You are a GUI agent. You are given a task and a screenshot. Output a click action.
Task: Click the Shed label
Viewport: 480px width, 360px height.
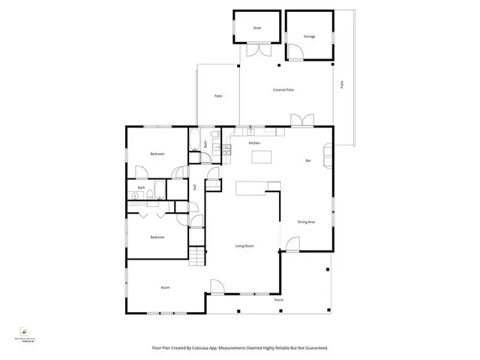[x=256, y=28]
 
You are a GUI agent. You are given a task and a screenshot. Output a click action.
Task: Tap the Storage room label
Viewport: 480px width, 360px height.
[x=309, y=36]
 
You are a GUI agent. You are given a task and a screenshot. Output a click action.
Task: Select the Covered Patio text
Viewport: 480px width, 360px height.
[x=283, y=90]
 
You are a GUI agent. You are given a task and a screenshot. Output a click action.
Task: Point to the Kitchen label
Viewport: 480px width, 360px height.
[x=254, y=142]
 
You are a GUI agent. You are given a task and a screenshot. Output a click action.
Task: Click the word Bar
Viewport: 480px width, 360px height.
[x=307, y=161]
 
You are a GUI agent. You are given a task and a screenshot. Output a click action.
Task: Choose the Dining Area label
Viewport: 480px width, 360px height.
[x=306, y=221]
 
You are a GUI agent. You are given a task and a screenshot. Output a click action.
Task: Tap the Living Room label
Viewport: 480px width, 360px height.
[x=244, y=246]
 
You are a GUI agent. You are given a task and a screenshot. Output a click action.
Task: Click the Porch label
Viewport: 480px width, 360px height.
[x=279, y=300]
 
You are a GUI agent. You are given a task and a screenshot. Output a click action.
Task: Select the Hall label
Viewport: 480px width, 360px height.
[x=194, y=187]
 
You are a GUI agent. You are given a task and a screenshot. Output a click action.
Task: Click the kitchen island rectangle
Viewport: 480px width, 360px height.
[x=261, y=157]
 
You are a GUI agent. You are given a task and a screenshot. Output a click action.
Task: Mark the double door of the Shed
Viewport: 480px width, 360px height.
[x=259, y=51]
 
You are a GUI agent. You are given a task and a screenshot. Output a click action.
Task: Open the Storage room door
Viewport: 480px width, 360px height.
[x=296, y=52]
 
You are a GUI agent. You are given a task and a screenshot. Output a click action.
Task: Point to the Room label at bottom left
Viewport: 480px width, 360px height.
[x=166, y=288]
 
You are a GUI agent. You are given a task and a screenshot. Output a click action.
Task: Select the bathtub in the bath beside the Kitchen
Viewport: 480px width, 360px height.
[x=195, y=141]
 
